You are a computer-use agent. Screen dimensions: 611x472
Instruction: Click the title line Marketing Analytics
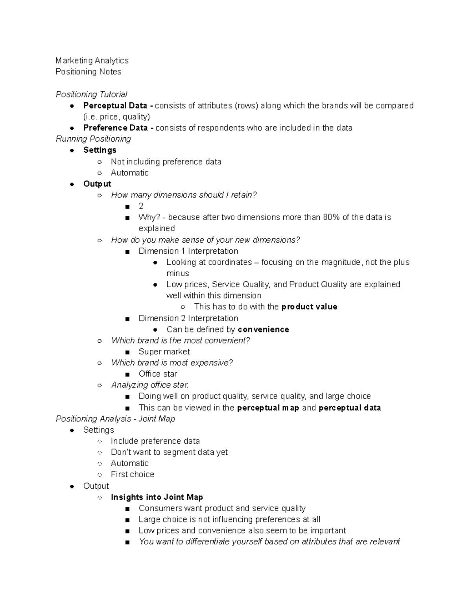pyautogui.click(x=92, y=61)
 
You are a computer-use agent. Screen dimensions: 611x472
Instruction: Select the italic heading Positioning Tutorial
pyautogui.click(x=91, y=94)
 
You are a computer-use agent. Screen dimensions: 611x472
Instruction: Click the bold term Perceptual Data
pyautogui.click(x=115, y=105)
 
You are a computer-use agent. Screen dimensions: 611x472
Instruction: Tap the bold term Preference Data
pyautogui.click(x=115, y=128)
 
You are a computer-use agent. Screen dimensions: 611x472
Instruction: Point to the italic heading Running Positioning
pyautogui.click(x=93, y=139)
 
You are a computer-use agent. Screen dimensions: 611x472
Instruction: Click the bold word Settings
pyautogui.click(x=100, y=150)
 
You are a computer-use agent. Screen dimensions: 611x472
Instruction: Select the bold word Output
pyautogui.click(x=97, y=184)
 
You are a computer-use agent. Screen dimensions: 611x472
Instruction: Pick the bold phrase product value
pyautogui.click(x=309, y=306)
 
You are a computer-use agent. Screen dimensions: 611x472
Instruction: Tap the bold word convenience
pyautogui.click(x=263, y=329)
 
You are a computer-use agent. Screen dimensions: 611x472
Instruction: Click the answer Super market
pyautogui.click(x=164, y=352)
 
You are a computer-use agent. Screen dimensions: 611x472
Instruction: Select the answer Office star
pyautogui.click(x=158, y=374)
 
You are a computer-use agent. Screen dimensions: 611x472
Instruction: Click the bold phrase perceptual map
pyautogui.click(x=268, y=408)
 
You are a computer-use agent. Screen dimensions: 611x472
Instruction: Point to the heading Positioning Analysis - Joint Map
pyautogui.click(x=115, y=419)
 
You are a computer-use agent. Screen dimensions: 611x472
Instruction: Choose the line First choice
pyautogui.click(x=132, y=474)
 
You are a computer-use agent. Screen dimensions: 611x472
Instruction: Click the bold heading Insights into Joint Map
pyautogui.click(x=157, y=497)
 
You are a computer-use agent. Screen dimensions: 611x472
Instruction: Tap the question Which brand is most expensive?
pyautogui.click(x=172, y=363)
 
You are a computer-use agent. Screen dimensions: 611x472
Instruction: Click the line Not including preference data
pyautogui.click(x=166, y=162)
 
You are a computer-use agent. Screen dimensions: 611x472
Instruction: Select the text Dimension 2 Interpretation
pyautogui.click(x=188, y=318)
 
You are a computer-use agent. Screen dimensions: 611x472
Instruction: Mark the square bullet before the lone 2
pyautogui.click(x=127, y=207)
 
